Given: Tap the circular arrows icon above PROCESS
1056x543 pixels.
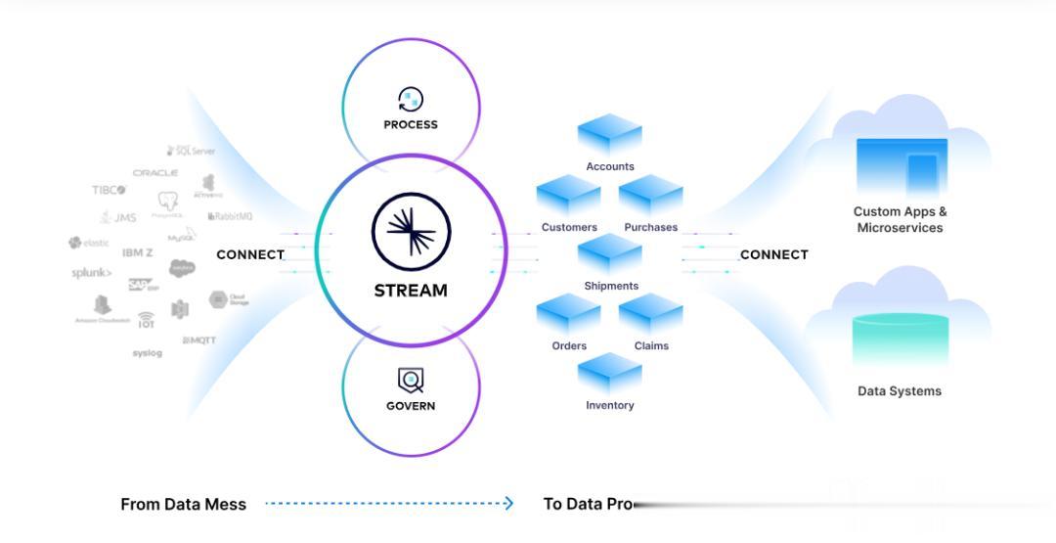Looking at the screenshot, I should coord(411,99).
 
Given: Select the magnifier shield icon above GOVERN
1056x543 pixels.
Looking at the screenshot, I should coord(411,380).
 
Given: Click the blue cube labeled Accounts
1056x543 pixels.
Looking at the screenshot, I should coord(609,135).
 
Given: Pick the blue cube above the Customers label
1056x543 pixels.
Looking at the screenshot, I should coord(568,195).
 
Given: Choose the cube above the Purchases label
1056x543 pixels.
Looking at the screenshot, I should coord(650,195).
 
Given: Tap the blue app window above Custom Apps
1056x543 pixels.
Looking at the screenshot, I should coord(901,166).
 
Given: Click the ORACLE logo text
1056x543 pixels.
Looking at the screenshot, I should coord(155,173).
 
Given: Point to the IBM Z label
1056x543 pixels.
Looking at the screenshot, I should coord(138,252).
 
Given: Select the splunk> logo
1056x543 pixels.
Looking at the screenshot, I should coord(92,273).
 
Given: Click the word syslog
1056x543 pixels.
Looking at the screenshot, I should coord(148,353).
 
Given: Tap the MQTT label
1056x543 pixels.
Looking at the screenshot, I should coord(199,340).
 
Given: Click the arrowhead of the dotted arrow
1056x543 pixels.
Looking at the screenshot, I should coord(508,504).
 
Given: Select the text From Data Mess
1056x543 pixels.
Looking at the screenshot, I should coord(183,505).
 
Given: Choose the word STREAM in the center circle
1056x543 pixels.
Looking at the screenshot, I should coord(411,291).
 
